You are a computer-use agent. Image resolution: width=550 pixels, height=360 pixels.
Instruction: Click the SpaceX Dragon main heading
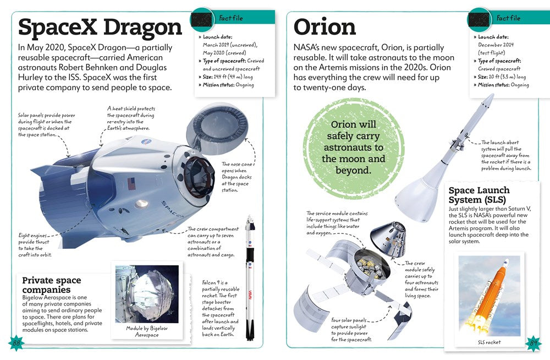click(x=100, y=27)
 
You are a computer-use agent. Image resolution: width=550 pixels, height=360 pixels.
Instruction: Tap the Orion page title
click(x=324, y=27)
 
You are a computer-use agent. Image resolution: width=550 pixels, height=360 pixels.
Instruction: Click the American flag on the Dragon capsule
click(x=131, y=184)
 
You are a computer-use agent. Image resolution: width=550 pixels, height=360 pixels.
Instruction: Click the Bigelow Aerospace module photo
click(x=147, y=294)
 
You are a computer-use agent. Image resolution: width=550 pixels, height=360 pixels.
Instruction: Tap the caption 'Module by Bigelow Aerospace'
click(x=147, y=331)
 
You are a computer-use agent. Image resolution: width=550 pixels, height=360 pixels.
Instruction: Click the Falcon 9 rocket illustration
click(x=250, y=277)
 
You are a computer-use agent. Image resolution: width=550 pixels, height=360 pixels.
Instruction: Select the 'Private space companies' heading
click(x=52, y=285)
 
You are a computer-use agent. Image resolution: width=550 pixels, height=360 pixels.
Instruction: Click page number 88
click(x=16, y=343)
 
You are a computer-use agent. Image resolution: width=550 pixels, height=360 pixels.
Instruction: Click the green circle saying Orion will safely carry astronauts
click(x=354, y=148)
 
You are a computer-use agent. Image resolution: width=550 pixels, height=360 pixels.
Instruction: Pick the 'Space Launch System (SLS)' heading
click(x=479, y=195)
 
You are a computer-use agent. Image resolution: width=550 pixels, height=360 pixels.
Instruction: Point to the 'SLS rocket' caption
click(x=489, y=342)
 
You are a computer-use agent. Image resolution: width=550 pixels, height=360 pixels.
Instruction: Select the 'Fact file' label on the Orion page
click(x=508, y=18)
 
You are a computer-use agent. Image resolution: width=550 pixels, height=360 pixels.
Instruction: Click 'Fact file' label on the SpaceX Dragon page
click(x=231, y=18)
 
